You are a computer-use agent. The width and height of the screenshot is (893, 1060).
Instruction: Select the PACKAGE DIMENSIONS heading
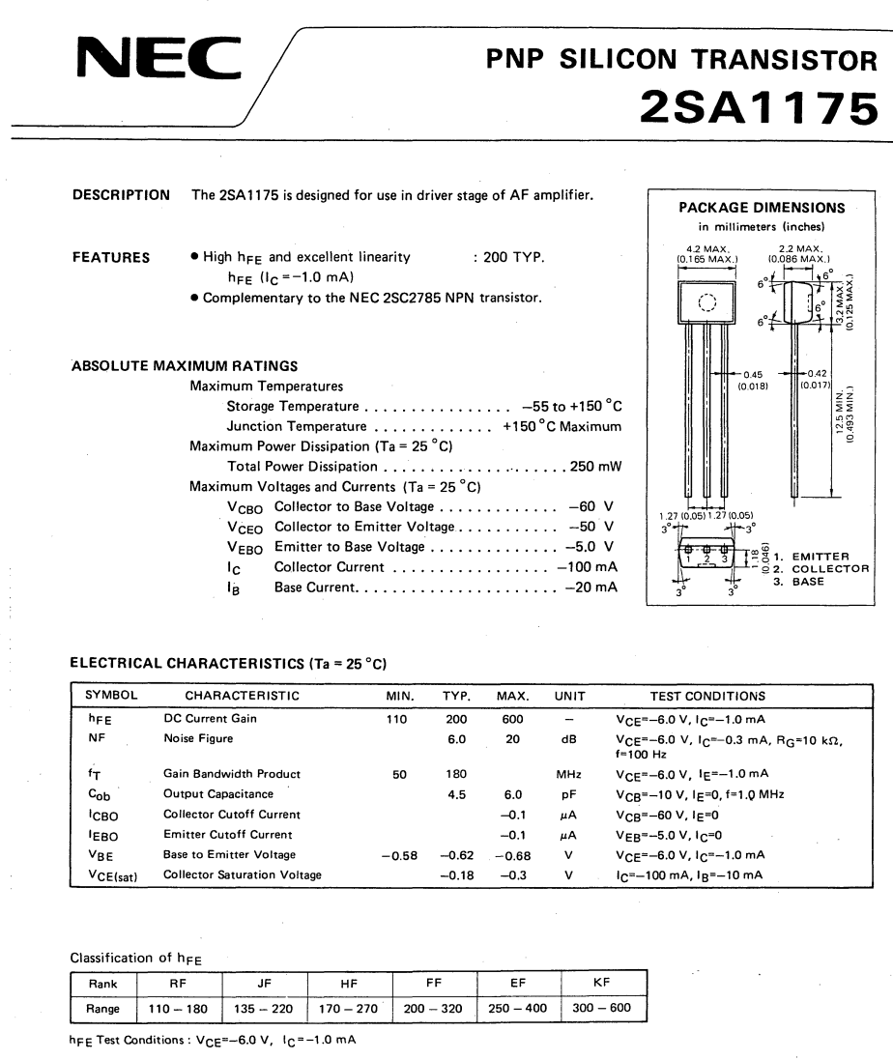(762, 208)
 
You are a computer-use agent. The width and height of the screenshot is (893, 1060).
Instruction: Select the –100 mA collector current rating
(587, 567)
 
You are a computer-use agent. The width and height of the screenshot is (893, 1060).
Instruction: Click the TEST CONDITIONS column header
(707, 696)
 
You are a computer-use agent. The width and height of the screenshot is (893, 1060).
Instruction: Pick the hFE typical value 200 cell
(456, 720)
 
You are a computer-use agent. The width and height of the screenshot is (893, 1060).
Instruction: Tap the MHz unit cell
(567, 774)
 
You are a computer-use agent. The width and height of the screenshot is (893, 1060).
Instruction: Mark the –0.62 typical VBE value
(457, 855)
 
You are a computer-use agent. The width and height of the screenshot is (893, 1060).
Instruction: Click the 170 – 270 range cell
(350, 1009)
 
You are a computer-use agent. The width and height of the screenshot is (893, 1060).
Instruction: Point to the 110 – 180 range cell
(178, 1009)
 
